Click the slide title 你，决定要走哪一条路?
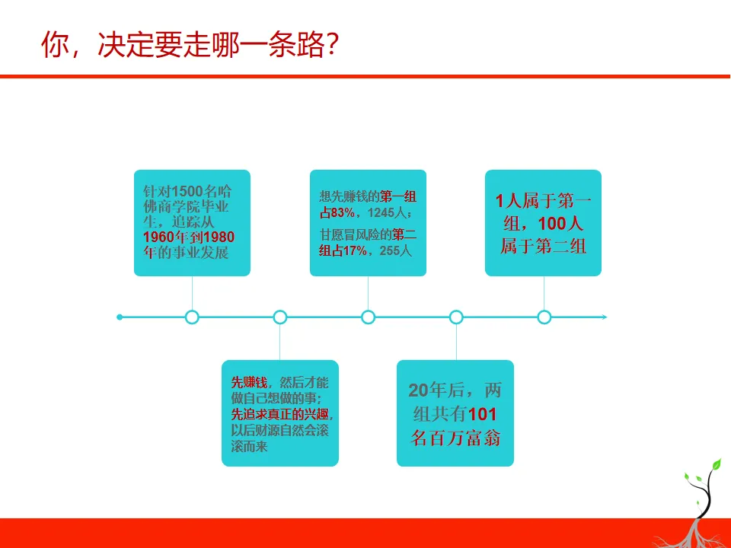[x=190, y=45]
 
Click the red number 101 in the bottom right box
[x=481, y=415]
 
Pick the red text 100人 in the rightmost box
[x=560, y=224]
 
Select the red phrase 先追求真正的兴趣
[x=282, y=415]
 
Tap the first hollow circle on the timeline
[x=192, y=317]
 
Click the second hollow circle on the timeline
[x=280, y=317]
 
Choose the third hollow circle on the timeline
[x=369, y=317]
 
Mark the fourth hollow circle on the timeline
[x=456, y=317]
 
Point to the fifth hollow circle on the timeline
[x=544, y=317]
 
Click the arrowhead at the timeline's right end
[x=604, y=317]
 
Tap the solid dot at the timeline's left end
[x=120, y=317]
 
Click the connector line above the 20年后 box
[x=456, y=342]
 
